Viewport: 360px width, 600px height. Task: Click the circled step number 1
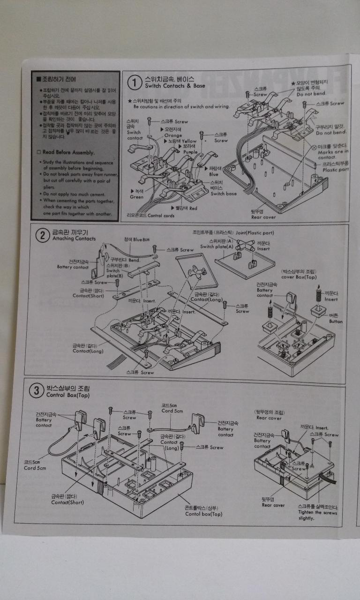pos(135,83)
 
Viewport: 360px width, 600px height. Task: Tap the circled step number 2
pos(43,235)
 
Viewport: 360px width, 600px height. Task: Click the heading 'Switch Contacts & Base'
pos(175,86)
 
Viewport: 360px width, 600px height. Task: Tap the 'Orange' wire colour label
pos(173,135)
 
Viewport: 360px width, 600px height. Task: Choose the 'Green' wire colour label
pos(136,197)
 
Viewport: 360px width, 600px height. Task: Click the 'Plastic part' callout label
pos(336,169)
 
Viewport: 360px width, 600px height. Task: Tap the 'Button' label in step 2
pos(336,322)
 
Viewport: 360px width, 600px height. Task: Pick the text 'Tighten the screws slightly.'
pos(317,515)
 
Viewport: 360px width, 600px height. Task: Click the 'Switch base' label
pos(224,193)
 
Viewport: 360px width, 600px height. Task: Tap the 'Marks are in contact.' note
pos(333,154)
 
